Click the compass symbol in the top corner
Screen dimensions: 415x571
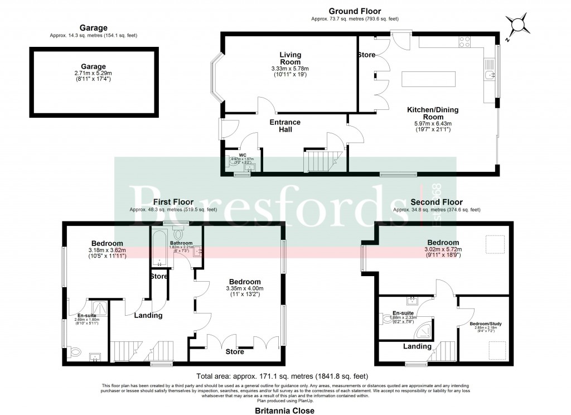pos(519,25)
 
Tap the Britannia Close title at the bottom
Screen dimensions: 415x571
pos(284,411)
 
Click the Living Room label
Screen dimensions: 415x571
pos(290,58)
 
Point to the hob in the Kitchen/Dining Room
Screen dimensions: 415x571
pos(465,41)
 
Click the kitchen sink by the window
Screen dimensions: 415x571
pos(489,75)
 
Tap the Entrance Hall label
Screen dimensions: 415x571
pos(285,126)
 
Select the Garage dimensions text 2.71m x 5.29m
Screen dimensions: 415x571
pos(93,73)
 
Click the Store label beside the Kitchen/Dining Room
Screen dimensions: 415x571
pos(366,55)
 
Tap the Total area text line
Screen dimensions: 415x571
pos(282,376)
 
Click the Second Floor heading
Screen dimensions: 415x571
pos(436,202)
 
